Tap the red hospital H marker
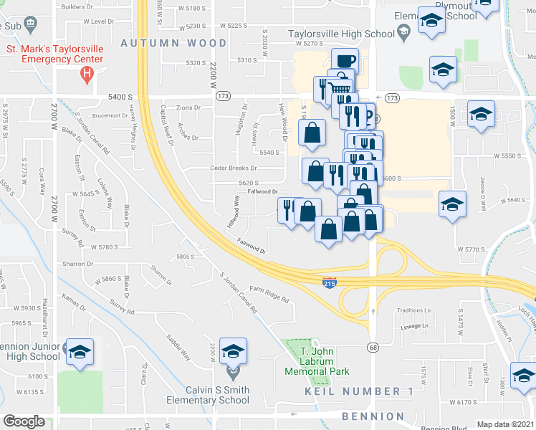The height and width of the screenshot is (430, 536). point(87,72)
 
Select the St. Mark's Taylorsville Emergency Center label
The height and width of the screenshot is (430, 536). point(54,54)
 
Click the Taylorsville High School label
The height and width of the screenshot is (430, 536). point(341,33)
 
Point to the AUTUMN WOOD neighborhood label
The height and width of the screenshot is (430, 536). point(173,43)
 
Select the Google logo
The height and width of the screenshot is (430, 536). point(24,421)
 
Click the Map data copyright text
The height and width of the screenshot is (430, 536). point(506,424)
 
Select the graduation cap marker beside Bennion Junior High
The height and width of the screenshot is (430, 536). point(80,351)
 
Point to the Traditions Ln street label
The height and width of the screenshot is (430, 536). point(415,310)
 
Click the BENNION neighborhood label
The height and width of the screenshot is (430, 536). point(373,416)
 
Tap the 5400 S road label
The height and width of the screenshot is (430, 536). point(120,96)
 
